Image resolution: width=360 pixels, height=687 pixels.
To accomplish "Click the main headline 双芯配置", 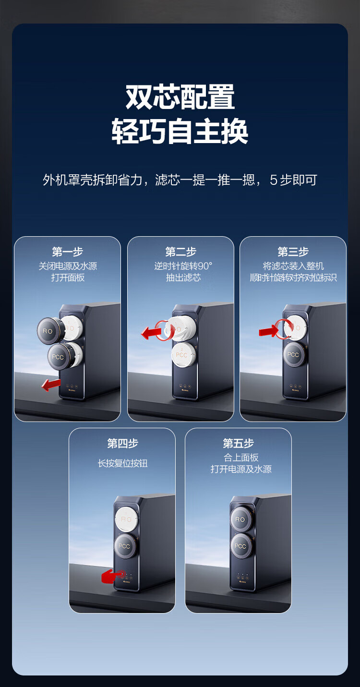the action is point(180,97).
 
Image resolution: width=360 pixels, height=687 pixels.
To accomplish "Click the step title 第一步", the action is point(68,252).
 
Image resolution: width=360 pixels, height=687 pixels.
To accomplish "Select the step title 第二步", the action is point(180,252).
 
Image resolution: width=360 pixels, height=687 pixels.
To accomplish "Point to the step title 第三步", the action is point(293,252).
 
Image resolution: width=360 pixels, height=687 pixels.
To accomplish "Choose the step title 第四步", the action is point(122,443).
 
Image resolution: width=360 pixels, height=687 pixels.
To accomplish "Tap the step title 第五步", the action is point(238,443).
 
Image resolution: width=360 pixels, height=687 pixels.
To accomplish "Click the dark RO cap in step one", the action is point(50,330).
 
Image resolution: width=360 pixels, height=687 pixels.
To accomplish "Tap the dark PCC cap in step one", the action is point(60,356).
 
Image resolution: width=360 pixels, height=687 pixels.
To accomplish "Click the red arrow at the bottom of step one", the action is point(51,384).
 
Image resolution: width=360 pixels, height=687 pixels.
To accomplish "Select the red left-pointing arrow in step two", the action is point(152,333).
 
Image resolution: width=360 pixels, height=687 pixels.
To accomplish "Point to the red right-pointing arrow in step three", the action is point(269,331).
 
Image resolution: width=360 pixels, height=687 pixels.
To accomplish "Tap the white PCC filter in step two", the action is point(183,355).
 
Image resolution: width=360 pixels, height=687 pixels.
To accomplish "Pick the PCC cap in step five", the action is point(241,545).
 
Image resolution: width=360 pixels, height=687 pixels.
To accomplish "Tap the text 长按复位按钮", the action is point(123,463).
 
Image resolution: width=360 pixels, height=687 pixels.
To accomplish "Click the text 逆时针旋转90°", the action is point(183,265).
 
